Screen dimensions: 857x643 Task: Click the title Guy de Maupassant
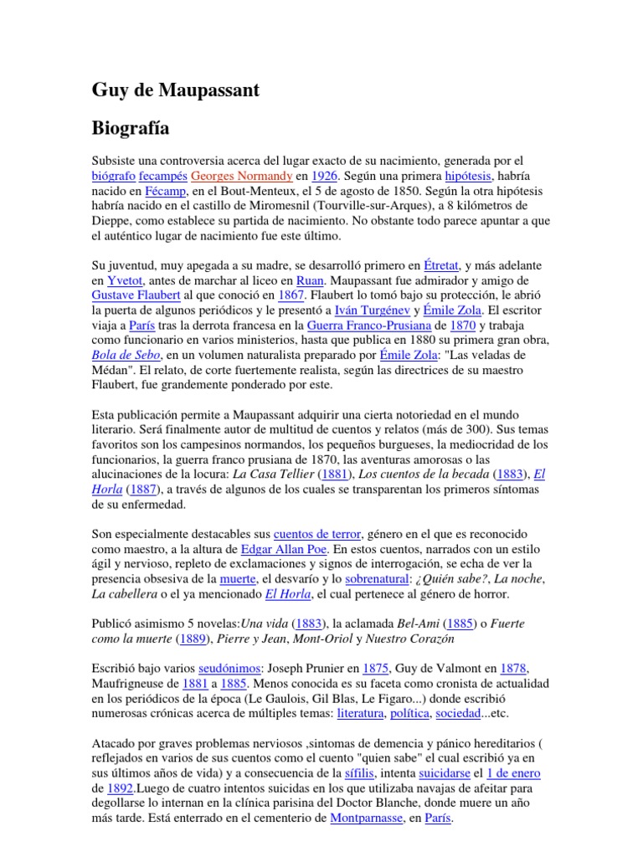(175, 90)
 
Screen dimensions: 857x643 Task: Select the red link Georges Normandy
(242, 177)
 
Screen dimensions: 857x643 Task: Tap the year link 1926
(325, 177)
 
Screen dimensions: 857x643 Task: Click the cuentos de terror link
(317, 533)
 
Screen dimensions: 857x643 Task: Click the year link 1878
(513, 669)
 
